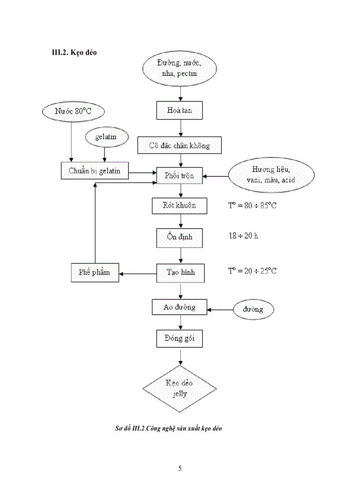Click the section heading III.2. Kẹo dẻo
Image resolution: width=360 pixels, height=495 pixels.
75,52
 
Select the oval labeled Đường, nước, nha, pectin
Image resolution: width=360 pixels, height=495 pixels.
179,69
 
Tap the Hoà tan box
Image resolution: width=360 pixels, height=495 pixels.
179,111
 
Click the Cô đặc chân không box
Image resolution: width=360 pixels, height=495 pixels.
179,145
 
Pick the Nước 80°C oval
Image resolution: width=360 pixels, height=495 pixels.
73,112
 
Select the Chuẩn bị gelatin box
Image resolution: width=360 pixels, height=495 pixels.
94,171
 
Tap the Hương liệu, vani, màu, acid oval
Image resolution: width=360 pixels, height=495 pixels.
271,175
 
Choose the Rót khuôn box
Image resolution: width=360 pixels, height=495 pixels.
179,205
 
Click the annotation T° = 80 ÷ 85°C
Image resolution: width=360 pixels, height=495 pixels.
252,205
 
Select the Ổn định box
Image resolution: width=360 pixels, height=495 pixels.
179,237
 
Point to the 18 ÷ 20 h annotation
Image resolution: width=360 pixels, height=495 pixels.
240,236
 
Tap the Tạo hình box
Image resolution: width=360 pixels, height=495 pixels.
179,273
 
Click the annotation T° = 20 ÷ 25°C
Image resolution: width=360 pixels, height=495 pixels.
252,271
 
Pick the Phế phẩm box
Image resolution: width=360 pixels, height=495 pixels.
94,273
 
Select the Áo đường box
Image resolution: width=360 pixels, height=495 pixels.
179,307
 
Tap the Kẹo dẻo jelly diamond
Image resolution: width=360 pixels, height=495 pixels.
179,388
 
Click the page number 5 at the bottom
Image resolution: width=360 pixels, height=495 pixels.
180,468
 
